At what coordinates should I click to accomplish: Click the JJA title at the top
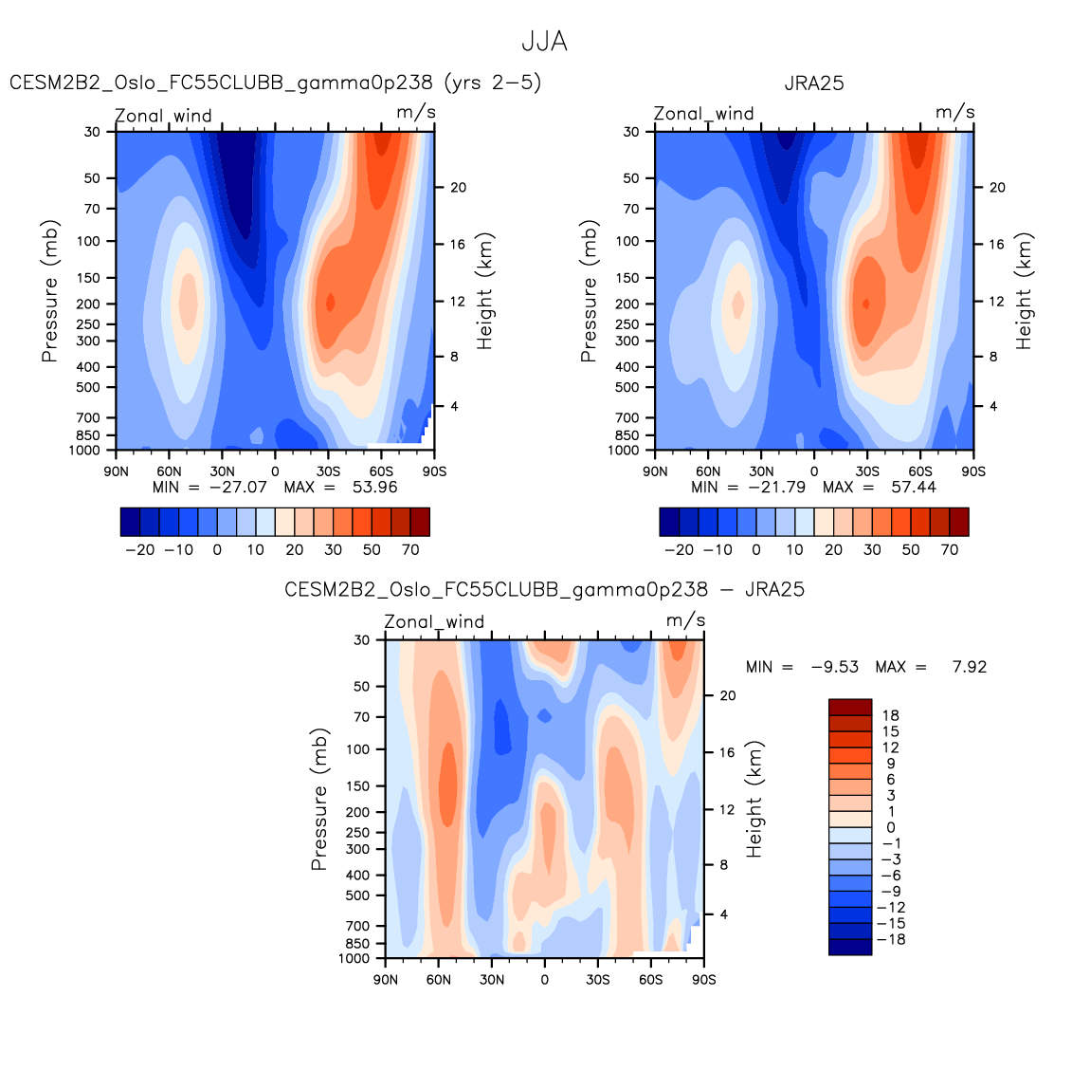coord(544,42)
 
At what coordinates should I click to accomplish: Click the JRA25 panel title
coord(813,83)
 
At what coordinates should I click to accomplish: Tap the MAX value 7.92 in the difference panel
coord(969,667)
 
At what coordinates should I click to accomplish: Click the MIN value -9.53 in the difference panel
coord(834,667)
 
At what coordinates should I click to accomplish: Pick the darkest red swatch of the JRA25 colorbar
coord(958,522)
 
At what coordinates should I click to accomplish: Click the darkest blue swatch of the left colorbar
coord(131,522)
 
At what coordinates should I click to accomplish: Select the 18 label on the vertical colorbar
coord(890,715)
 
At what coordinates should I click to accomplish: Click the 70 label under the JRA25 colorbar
coord(950,550)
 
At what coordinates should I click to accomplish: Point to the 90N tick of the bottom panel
coord(386,979)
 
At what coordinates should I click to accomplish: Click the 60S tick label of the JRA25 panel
coord(920,471)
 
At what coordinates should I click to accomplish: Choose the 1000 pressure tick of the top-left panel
coord(84,451)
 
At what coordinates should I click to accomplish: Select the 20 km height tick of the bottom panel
coord(728,695)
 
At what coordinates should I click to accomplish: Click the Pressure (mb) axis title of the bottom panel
coord(319,800)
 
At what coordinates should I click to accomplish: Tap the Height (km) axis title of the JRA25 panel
coord(1024,291)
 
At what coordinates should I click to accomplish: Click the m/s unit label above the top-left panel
coord(416,112)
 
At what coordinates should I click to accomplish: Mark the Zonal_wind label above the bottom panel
coord(434,622)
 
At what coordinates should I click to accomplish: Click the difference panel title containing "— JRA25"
coord(544,590)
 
